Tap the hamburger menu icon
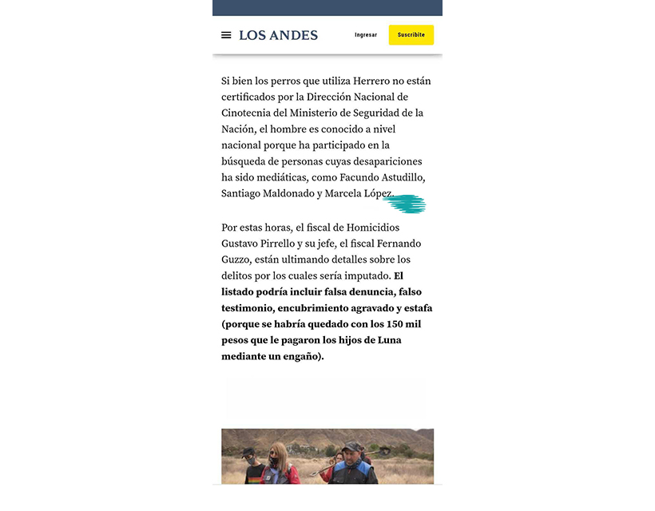point(226,35)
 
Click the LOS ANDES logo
point(278,35)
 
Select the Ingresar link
point(366,35)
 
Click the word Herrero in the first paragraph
point(352,81)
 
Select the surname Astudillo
point(399,176)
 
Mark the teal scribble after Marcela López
point(404,204)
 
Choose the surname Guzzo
point(236,259)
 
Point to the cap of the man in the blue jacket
point(352,448)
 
